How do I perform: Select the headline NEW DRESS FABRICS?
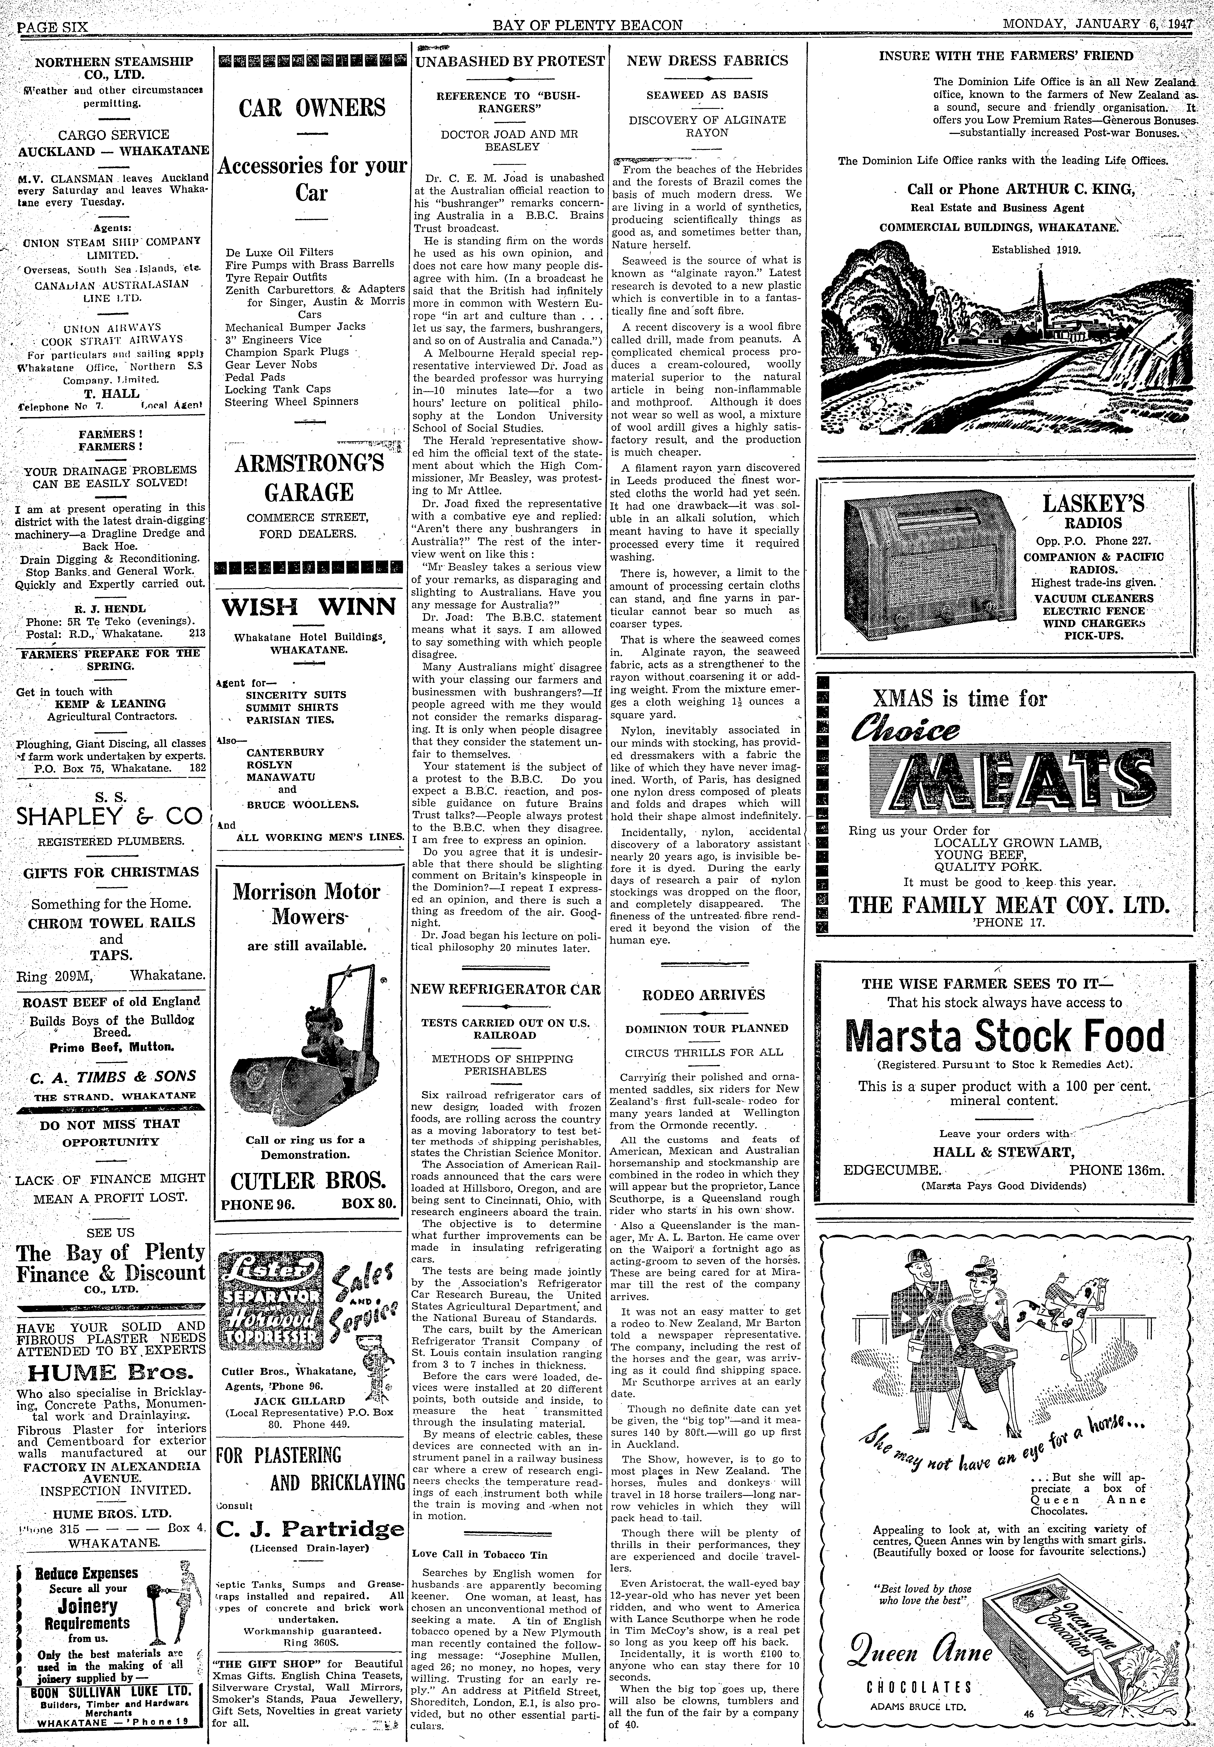(707, 61)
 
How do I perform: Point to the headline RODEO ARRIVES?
(704, 994)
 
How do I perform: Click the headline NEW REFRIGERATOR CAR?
(505, 989)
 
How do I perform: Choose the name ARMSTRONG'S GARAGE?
(310, 477)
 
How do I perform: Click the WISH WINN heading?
(309, 607)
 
